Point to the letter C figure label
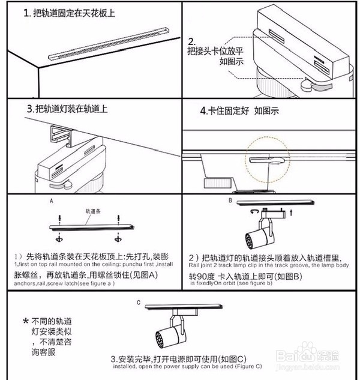point(139,301)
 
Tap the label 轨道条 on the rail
point(92,212)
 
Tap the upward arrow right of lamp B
point(292,212)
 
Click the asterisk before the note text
point(25,321)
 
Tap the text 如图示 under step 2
point(231,61)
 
